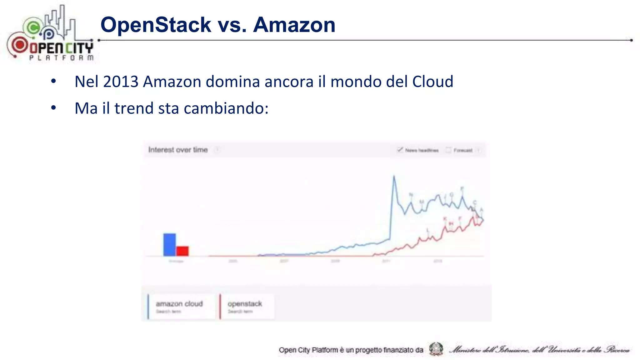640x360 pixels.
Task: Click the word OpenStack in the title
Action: tap(156, 25)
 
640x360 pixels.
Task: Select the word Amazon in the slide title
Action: tap(294, 25)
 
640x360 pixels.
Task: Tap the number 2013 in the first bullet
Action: tap(121, 82)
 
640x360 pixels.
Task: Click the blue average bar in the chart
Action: tap(169, 245)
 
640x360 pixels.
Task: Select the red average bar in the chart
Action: tap(182, 251)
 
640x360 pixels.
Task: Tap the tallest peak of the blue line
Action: tap(394, 177)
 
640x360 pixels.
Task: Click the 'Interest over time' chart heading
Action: tap(178, 150)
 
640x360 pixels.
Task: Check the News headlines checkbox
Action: tap(400, 150)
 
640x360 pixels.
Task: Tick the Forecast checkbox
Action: tap(448, 150)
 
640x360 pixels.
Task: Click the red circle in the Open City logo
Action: tap(20, 45)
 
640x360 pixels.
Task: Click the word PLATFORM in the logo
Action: tap(61, 58)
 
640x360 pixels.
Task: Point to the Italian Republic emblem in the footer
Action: tap(436, 349)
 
